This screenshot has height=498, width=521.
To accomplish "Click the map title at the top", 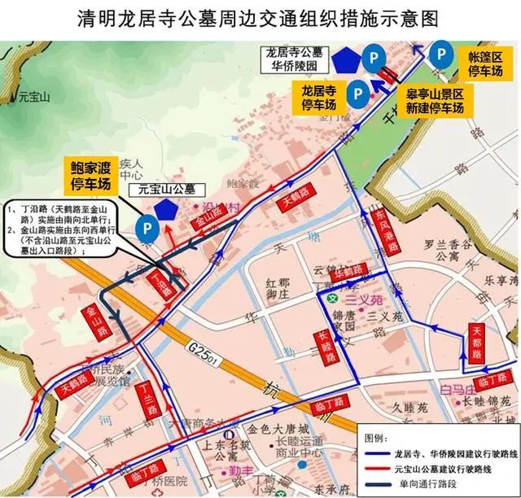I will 260,18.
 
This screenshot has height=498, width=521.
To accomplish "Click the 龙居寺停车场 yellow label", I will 319,96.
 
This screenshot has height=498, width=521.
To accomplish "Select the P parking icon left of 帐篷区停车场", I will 440,55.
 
